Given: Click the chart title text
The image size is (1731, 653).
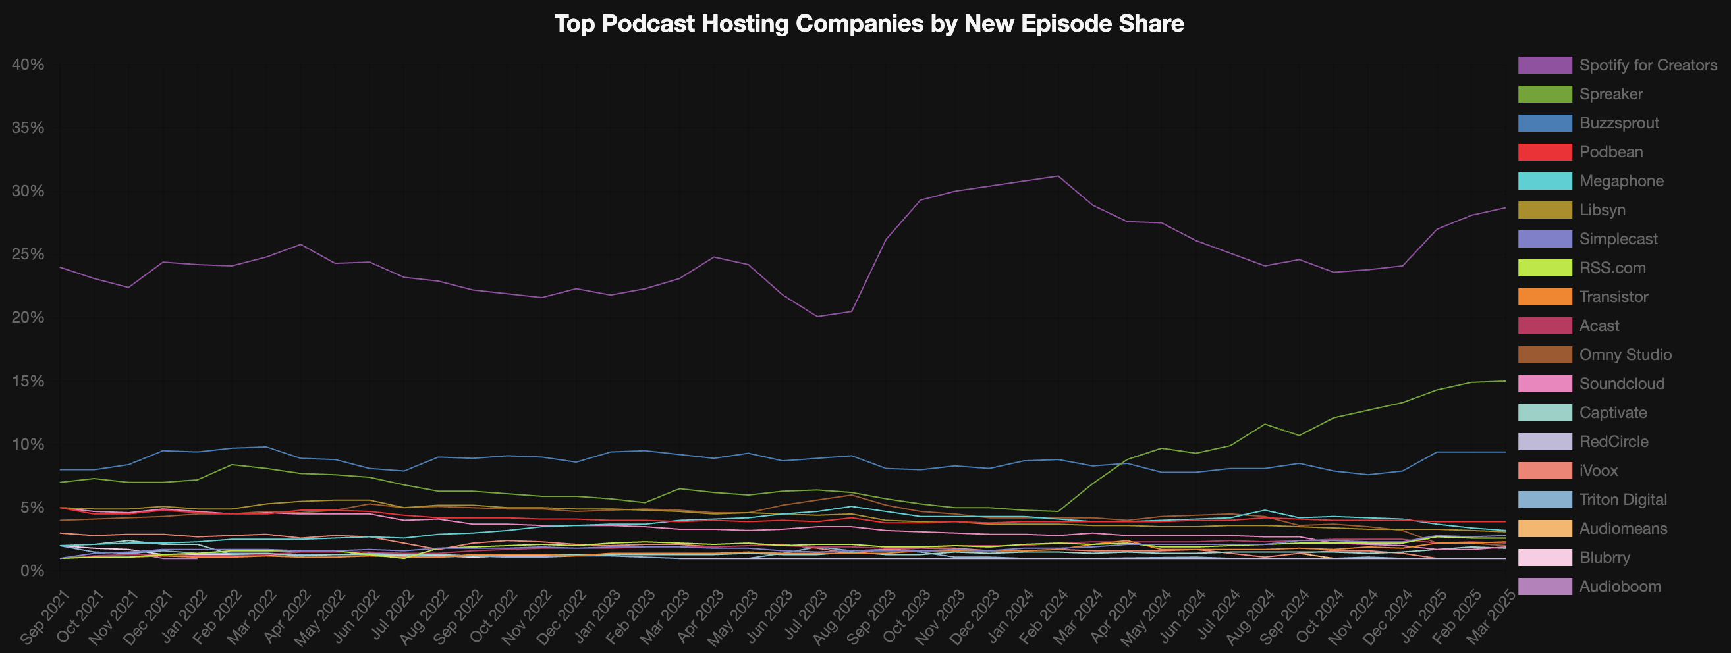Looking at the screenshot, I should click(869, 24).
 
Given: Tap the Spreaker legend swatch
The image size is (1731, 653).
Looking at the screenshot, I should click(1545, 94).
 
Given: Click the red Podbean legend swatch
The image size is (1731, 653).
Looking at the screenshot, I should click(1545, 152).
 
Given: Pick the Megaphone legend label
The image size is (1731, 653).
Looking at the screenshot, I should click(1622, 182).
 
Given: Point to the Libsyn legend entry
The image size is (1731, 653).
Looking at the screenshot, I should click(1602, 210).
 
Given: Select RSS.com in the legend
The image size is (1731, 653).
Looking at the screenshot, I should click(1612, 268).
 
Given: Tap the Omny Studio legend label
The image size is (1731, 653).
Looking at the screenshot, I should click(1625, 355).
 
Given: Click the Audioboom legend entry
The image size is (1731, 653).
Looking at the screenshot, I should click(1620, 587).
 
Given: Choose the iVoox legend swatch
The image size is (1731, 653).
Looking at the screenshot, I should click(1545, 471).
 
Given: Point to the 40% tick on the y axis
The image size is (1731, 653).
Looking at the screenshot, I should click(28, 65).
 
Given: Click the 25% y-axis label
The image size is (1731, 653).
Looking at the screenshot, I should click(28, 255).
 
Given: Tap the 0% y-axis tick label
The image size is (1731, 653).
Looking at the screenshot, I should click(32, 571).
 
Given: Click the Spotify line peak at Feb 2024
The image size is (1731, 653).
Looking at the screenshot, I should click(1058, 176).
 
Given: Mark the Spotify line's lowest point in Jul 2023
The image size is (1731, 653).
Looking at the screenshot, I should click(817, 317).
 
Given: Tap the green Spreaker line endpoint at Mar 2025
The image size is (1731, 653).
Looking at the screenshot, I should click(1505, 381).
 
